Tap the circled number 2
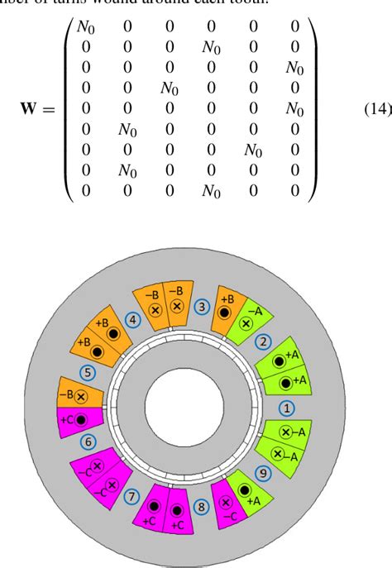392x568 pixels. click(x=265, y=341)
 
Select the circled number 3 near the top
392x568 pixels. click(x=201, y=306)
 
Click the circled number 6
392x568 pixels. click(x=90, y=443)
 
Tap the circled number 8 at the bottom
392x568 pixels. click(x=201, y=508)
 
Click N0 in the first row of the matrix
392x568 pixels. click(x=86, y=26)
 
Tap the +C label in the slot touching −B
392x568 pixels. click(x=68, y=419)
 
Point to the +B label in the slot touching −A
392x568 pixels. click(x=227, y=297)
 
